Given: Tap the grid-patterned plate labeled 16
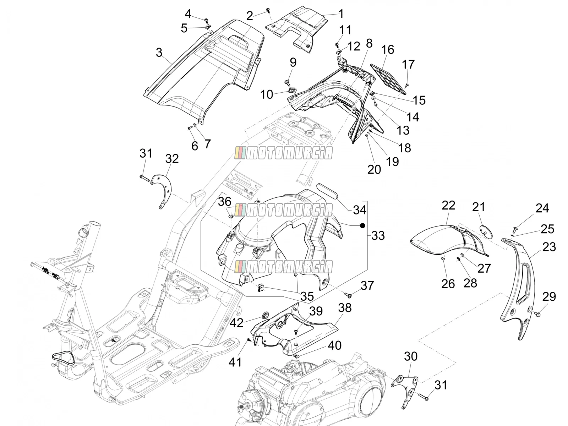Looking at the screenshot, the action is pyautogui.click(x=388, y=78).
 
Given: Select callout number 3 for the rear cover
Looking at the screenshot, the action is pyautogui.click(x=159, y=53).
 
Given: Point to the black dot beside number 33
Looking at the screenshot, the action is pyautogui.click(x=362, y=226).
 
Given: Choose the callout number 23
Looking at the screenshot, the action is pyautogui.click(x=549, y=247).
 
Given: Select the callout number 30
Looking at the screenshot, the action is pyautogui.click(x=411, y=356).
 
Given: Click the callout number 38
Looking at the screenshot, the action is pyautogui.click(x=345, y=308).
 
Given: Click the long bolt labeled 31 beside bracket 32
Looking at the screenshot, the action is pyautogui.click(x=144, y=177).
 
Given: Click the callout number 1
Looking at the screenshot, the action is pyautogui.click(x=341, y=14).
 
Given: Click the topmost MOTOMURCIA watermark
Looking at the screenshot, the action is pyautogui.click(x=284, y=153).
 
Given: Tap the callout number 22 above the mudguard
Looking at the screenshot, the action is pyautogui.click(x=448, y=206).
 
